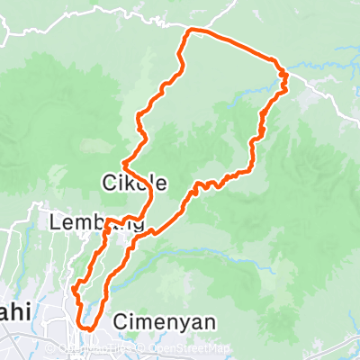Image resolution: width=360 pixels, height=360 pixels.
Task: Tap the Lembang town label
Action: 98,222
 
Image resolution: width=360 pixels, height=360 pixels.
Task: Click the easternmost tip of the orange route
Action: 286,79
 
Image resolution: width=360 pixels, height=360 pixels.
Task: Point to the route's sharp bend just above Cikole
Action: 122,163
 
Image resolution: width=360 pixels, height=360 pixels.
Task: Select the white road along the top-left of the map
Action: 90,14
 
